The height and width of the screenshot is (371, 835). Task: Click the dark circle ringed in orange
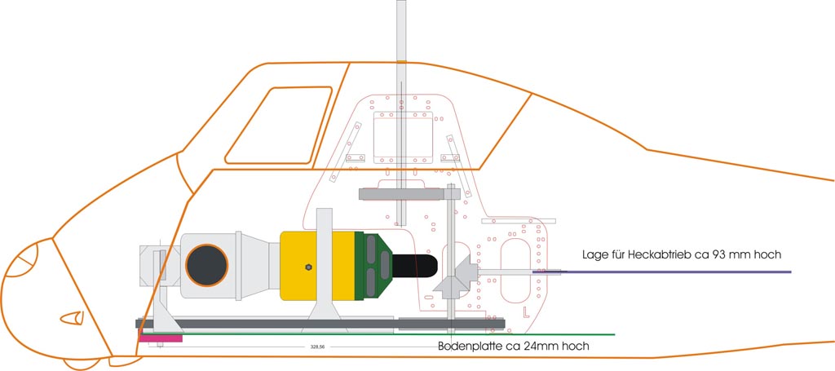(205, 264)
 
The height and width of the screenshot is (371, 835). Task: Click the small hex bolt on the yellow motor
(308, 267)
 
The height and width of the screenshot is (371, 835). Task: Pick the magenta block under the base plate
(161, 336)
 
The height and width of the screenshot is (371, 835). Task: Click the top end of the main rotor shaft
(400, 4)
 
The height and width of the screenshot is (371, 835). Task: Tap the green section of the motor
(371, 266)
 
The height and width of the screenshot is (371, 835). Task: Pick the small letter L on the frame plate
(527, 311)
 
